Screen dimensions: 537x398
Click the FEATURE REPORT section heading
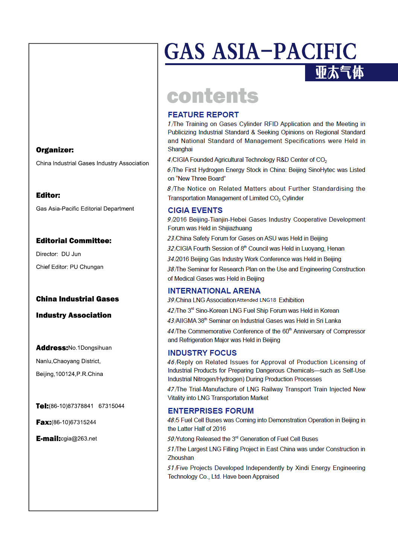(203, 115)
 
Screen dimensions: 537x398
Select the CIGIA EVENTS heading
(195, 210)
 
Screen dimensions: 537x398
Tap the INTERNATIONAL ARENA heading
(214, 291)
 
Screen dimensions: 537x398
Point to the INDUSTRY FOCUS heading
(202, 353)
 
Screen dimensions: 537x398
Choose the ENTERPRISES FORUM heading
(211, 411)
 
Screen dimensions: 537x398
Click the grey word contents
(213, 96)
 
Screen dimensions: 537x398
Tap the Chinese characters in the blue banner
(339, 73)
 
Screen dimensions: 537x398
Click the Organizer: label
(55, 150)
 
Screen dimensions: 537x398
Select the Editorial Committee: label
(74, 241)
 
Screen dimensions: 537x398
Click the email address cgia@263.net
(79, 439)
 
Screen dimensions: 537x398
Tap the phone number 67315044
(111, 406)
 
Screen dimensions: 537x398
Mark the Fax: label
(44, 422)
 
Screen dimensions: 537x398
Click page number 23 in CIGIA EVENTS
(171, 239)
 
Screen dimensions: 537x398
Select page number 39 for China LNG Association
(171, 300)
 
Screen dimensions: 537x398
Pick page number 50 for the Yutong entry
(171, 439)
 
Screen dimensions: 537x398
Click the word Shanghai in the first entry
(180, 149)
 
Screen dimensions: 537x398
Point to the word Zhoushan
(181, 458)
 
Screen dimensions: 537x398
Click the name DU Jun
(71, 254)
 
